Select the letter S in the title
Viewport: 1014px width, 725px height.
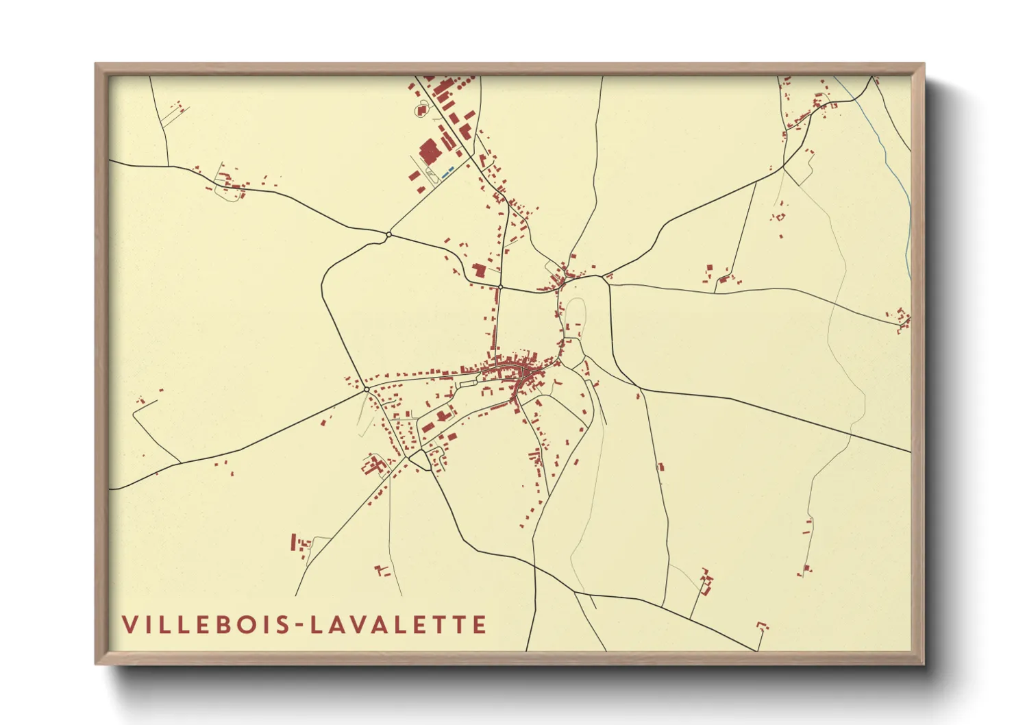pos(285,625)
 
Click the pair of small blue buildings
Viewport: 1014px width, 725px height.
pos(447,171)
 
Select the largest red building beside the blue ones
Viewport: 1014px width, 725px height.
pos(430,151)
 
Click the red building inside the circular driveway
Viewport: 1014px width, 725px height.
pos(421,109)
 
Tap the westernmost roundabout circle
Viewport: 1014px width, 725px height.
pos(367,389)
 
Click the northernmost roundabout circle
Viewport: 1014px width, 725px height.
pos(388,234)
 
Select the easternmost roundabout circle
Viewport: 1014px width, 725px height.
pos(501,286)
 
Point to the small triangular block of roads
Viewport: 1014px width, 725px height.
pos(419,459)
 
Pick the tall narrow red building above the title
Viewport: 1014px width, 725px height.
pos(294,542)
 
